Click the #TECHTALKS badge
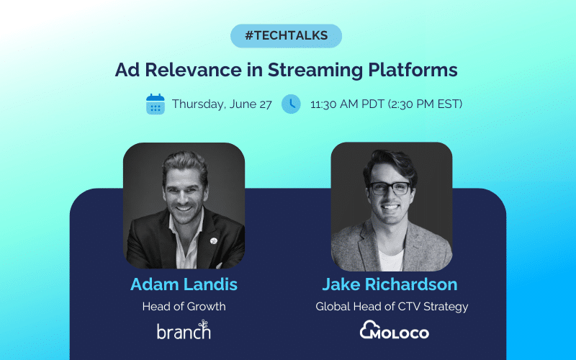pyautogui.click(x=286, y=36)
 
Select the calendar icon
pyautogui.click(x=155, y=104)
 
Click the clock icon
pyautogui.click(x=291, y=104)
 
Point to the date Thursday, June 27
pyautogui.click(x=222, y=104)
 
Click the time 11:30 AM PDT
pyautogui.click(x=347, y=104)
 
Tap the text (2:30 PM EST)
pyautogui.click(x=425, y=104)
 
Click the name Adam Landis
pyautogui.click(x=184, y=284)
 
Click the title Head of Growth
pyautogui.click(x=184, y=307)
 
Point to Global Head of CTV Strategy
pyautogui.click(x=392, y=307)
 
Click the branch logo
pyautogui.click(x=184, y=331)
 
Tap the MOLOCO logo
pyautogui.click(x=394, y=331)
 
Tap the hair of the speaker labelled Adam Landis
pyautogui.click(x=183, y=163)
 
